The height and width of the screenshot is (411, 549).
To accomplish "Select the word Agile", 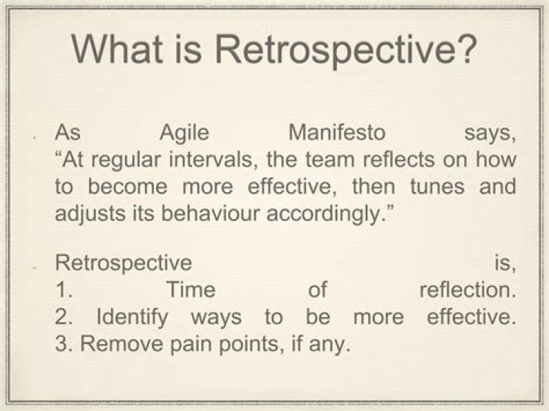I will pos(186,133).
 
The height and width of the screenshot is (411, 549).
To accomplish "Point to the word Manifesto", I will pos(337,133).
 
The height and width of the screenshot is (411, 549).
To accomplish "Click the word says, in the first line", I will pos(490,133).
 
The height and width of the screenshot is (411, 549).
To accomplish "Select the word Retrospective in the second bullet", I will pos(123,264).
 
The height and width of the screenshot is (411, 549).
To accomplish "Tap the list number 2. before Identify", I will pos(65,317).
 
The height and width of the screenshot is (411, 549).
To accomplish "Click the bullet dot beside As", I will pos(35,137).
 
